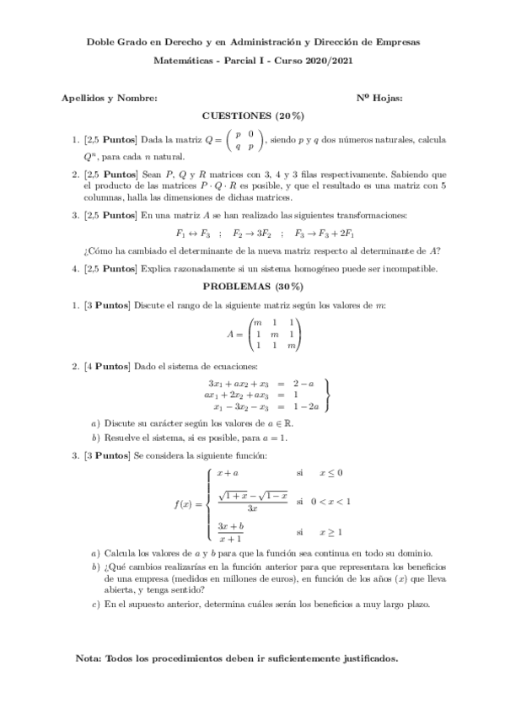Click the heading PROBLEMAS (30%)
[252, 286]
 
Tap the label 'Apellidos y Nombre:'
[110, 98]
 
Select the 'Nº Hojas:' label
[379, 98]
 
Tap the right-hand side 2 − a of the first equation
[304, 384]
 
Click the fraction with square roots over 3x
[252, 502]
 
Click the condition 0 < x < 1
[330, 502]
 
